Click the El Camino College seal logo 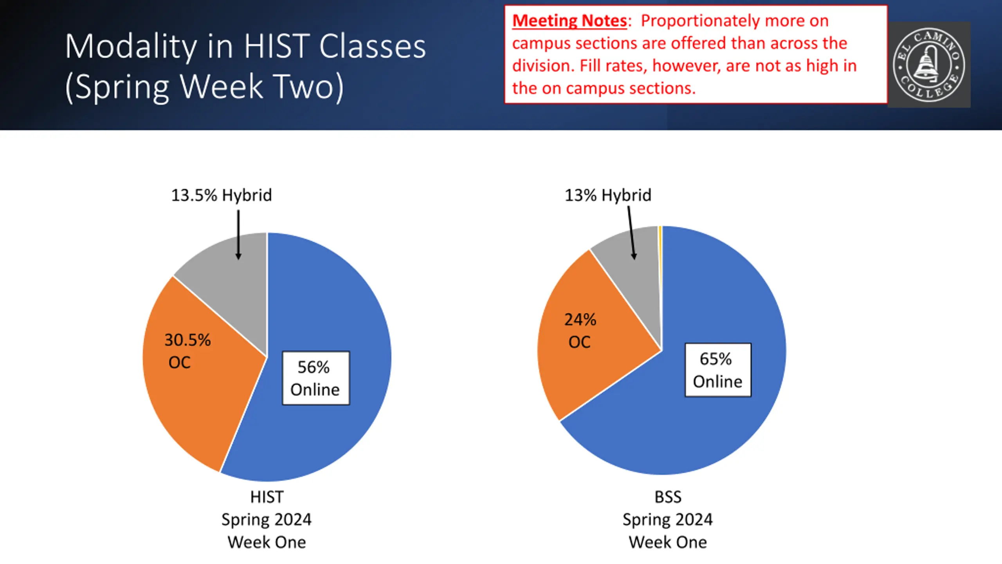(929, 65)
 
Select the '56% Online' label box (316, 378)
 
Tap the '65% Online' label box (718, 370)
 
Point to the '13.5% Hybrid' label (222, 195)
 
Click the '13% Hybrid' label (608, 195)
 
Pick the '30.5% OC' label (187, 351)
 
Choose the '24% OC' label (580, 331)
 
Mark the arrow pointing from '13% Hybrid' (631, 233)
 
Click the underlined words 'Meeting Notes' (569, 21)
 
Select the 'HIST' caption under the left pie (267, 497)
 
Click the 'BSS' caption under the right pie (668, 497)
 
